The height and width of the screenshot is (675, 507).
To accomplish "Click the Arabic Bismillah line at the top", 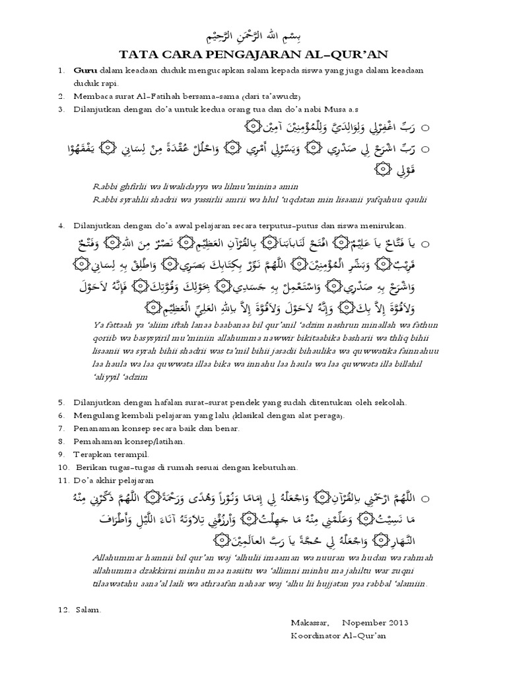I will pyautogui.click(x=253, y=38).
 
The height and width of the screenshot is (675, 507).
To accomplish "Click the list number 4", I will pyautogui.click(x=60, y=225).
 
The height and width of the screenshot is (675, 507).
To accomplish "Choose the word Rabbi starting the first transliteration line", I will pyautogui.click(x=107, y=187).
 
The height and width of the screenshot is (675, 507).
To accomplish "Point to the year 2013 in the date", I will pyautogui.click(x=396, y=622).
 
